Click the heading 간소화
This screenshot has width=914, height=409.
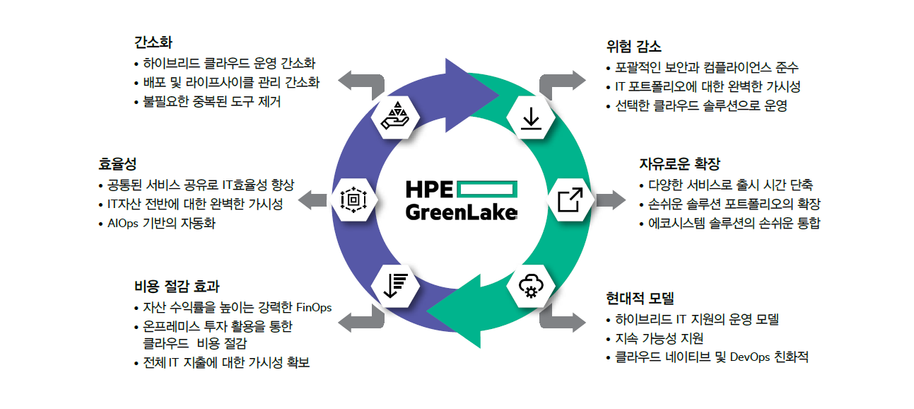point(152,42)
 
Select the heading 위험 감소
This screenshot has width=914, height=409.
point(633,47)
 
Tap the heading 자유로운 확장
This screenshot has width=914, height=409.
point(679,164)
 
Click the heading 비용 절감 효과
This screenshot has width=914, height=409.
point(177,287)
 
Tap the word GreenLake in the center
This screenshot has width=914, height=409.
point(462,212)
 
